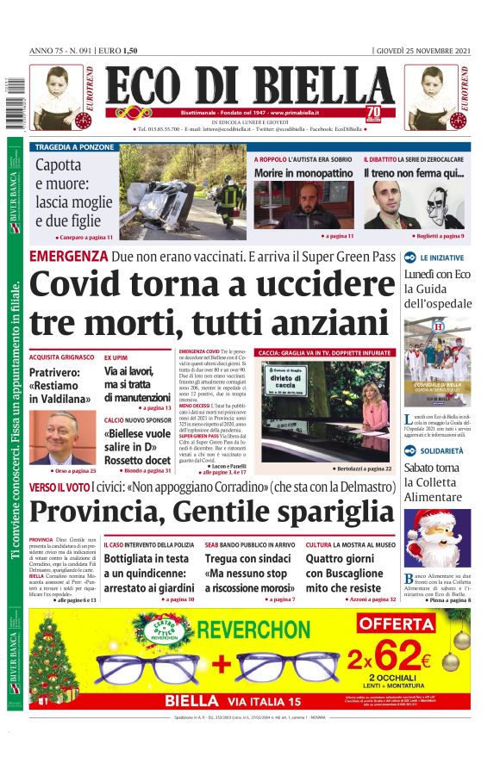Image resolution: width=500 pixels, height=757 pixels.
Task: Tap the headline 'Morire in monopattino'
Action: click(303, 173)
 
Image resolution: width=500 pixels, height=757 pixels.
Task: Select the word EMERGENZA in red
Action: click(68, 257)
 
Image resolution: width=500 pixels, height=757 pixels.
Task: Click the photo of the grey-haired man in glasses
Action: click(61, 437)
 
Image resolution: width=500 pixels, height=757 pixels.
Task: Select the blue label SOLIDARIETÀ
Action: click(441, 451)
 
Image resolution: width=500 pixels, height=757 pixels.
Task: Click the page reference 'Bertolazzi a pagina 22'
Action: click(362, 468)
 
